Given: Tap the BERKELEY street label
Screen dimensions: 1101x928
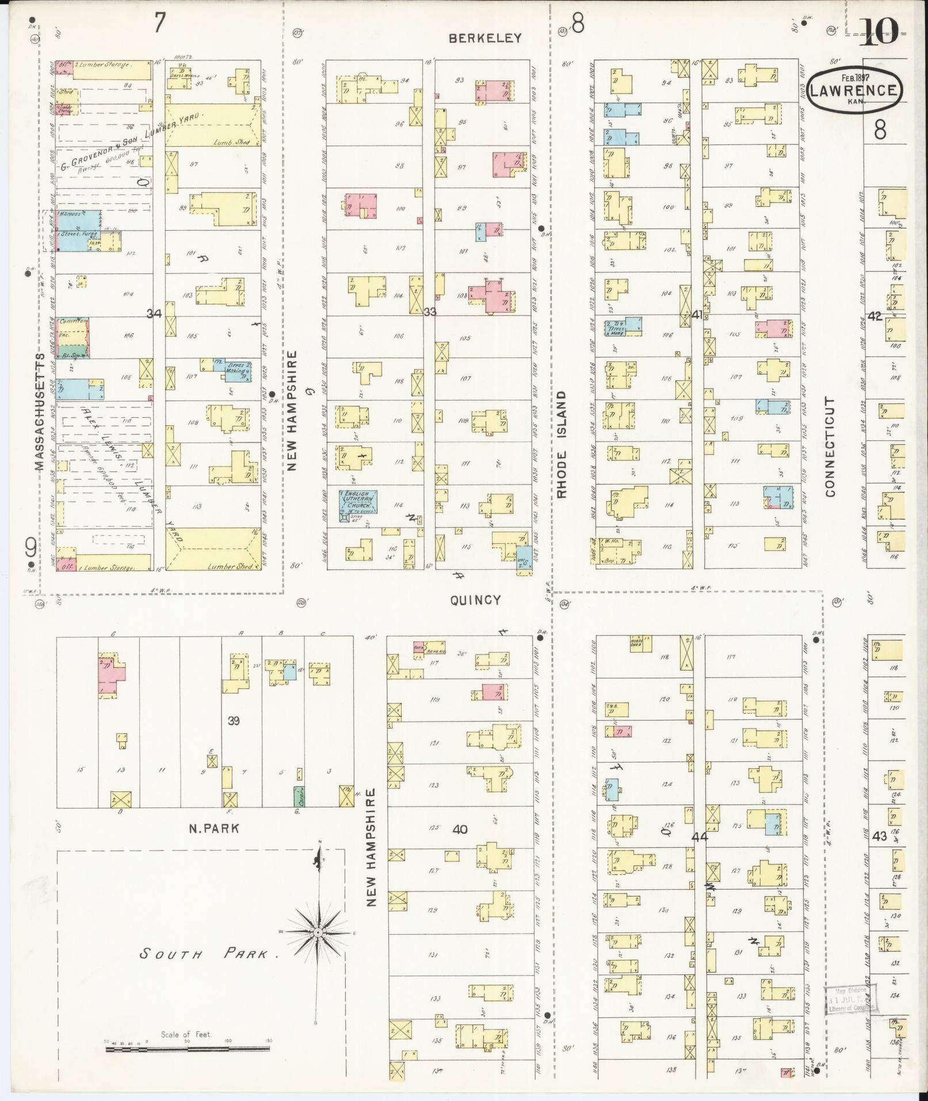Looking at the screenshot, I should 486,38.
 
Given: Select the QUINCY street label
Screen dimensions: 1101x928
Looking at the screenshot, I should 475,600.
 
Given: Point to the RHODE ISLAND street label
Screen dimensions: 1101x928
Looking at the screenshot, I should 562,444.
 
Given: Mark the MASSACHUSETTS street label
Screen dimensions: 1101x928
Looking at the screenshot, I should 39,412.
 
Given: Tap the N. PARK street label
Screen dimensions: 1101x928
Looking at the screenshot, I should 213,829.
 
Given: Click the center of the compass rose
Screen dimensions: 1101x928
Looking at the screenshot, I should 318,932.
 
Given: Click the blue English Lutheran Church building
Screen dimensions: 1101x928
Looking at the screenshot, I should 357,505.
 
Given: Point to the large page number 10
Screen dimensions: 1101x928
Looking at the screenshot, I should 879,33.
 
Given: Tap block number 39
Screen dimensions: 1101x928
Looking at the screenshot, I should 233,721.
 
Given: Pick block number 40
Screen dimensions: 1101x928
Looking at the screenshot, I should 460,829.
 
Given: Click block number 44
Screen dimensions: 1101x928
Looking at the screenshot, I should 699,837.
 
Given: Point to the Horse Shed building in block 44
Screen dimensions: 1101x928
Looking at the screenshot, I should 639,643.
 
